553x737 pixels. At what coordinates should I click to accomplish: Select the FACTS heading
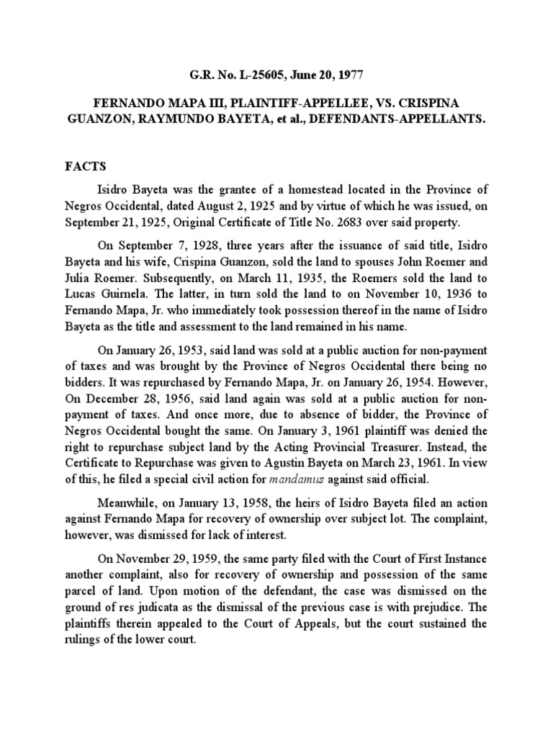pos(85,166)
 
